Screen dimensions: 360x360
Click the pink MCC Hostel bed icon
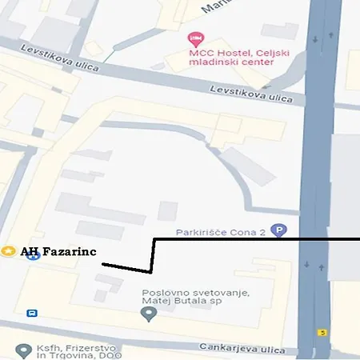pyautogui.click(x=194, y=39)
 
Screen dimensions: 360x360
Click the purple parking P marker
pyautogui.click(x=278, y=230)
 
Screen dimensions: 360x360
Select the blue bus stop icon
pyautogui.click(x=32, y=313)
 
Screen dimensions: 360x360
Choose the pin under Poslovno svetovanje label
pyautogui.click(x=147, y=314)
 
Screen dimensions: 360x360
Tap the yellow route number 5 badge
pyautogui.click(x=322, y=331)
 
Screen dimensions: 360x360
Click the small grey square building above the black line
pyautogui.click(x=167, y=211)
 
